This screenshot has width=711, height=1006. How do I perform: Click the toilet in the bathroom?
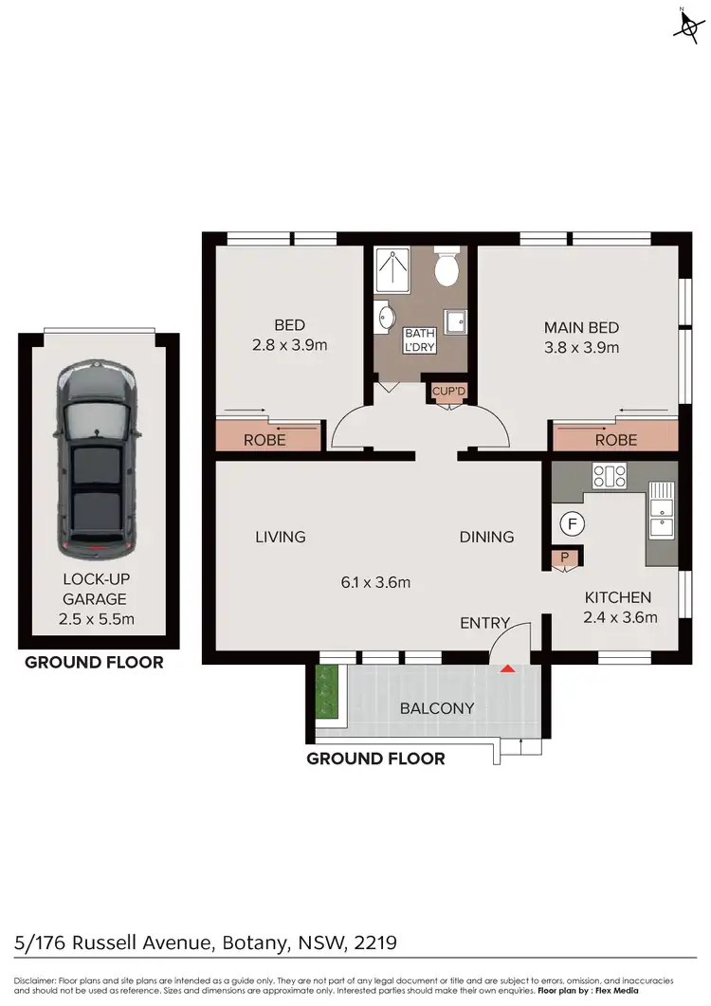(x=446, y=268)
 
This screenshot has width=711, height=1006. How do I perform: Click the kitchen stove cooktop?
(x=609, y=474)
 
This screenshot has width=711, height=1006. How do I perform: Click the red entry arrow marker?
(x=508, y=669)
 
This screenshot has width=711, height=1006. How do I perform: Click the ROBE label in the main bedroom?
(x=615, y=440)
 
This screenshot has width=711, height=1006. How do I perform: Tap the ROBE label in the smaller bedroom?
(x=264, y=440)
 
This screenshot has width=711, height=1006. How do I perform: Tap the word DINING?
(x=486, y=537)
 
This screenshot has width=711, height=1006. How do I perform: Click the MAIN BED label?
(x=581, y=327)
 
